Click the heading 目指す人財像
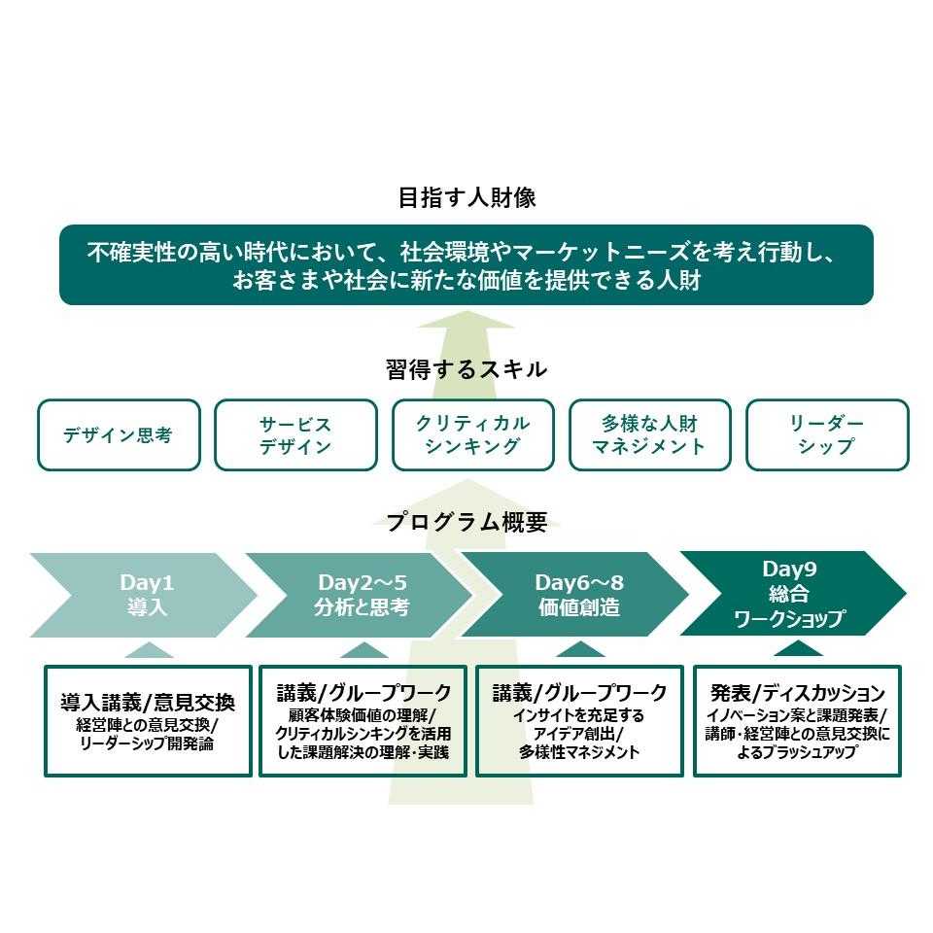(466, 198)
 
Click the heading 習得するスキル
(466, 369)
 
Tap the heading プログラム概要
(466, 522)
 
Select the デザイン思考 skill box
(118, 435)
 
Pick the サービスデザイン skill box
(295, 435)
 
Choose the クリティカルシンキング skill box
(472, 435)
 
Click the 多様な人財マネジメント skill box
(649, 435)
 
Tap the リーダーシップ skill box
(826, 435)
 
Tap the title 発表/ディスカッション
(797, 694)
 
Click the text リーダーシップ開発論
(148, 744)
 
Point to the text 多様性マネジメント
(579, 752)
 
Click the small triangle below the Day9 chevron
(798, 648)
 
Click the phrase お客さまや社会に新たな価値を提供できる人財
(466, 281)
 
